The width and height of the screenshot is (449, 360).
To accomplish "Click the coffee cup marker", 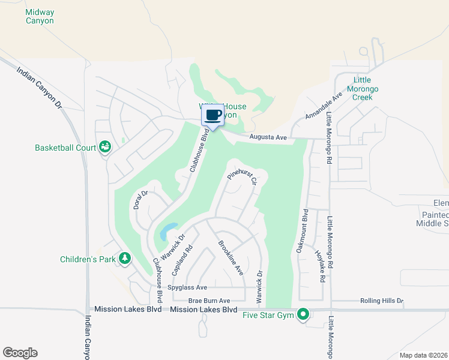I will tap(213, 115).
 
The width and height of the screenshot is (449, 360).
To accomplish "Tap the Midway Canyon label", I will tap(40, 16).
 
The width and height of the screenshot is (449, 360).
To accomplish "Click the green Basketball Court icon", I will tap(105, 147).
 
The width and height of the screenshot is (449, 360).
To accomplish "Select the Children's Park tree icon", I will tap(125, 259).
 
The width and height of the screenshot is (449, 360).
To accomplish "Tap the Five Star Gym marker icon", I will tap(304, 314).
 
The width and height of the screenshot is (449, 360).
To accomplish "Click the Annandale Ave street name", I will tap(324, 104).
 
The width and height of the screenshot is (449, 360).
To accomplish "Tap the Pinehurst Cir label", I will tap(242, 178).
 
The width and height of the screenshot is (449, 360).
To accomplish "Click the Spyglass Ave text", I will tap(187, 288).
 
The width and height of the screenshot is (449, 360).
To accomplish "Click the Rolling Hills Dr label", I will tap(382, 301).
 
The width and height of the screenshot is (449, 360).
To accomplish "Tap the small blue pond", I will tap(168, 230).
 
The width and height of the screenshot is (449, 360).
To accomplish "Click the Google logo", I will tap(20, 353).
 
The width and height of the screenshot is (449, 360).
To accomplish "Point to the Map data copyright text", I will tap(423, 355).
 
